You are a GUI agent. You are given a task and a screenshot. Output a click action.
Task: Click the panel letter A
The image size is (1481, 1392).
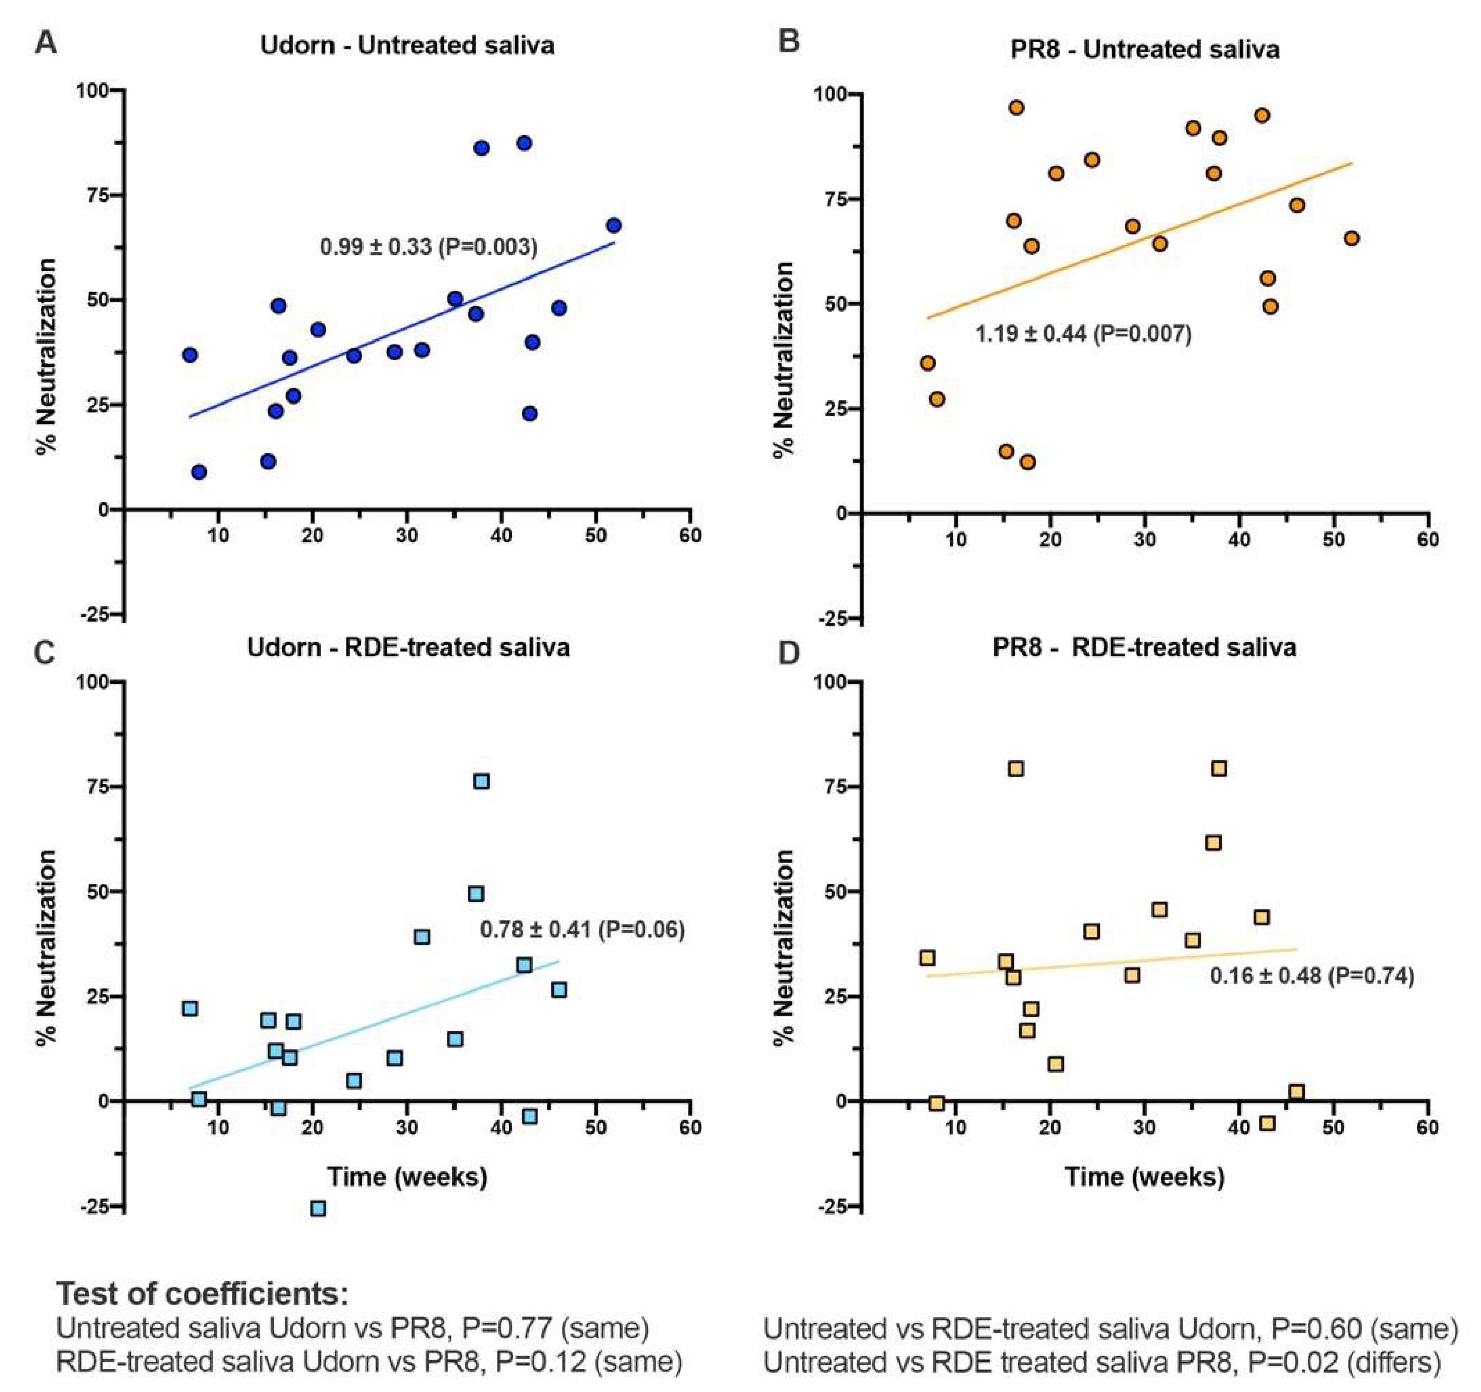click(x=46, y=43)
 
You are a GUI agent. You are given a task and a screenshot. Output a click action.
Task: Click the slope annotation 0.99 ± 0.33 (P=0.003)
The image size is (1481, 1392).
click(x=429, y=246)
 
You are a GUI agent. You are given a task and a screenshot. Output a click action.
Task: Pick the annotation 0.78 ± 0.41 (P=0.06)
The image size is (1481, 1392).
click(x=582, y=930)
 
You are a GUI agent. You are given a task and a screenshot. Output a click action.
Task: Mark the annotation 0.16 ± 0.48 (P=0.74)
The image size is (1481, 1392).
click(x=1311, y=976)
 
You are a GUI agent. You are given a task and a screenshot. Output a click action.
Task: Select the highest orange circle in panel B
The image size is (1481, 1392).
click(x=1016, y=108)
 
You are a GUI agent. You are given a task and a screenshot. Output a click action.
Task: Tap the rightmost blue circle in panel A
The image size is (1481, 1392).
click(x=614, y=226)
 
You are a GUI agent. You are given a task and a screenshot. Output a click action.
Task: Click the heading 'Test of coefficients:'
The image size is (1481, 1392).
click(x=203, y=1294)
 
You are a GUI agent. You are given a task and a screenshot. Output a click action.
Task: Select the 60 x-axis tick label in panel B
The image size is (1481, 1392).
click(x=1427, y=539)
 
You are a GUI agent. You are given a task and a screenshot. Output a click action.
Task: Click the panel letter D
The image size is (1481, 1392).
click(x=788, y=653)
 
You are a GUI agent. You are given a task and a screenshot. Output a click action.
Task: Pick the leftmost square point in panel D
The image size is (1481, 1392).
click(x=927, y=958)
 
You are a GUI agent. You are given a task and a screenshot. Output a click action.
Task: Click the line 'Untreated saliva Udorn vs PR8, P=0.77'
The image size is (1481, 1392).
click(x=352, y=1328)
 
